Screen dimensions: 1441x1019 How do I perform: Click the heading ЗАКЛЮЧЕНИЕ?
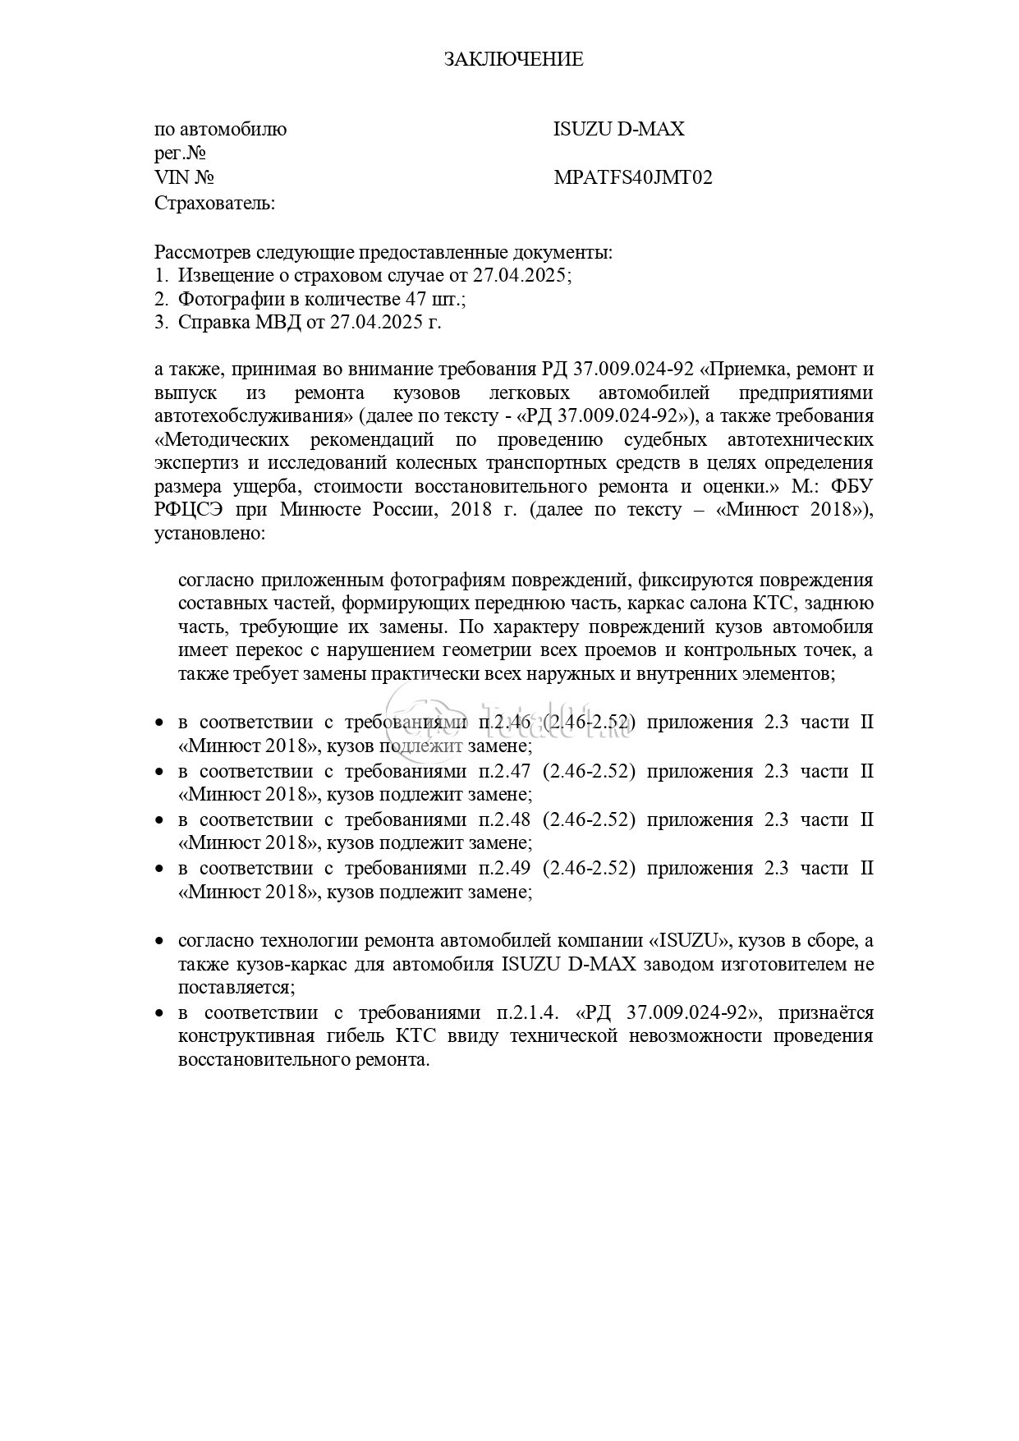513,59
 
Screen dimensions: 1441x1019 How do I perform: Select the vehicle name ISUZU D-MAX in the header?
618,129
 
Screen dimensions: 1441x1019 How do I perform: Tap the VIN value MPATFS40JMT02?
633,177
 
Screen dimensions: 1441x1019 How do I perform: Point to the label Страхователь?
215,203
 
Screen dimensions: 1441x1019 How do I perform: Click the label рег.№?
179,154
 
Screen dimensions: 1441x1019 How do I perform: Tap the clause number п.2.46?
502,723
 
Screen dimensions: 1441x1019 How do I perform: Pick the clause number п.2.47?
502,771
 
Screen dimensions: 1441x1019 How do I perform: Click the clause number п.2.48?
502,819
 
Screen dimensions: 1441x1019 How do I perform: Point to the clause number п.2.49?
502,868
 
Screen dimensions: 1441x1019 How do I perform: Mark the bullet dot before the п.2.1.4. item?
160,1013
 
